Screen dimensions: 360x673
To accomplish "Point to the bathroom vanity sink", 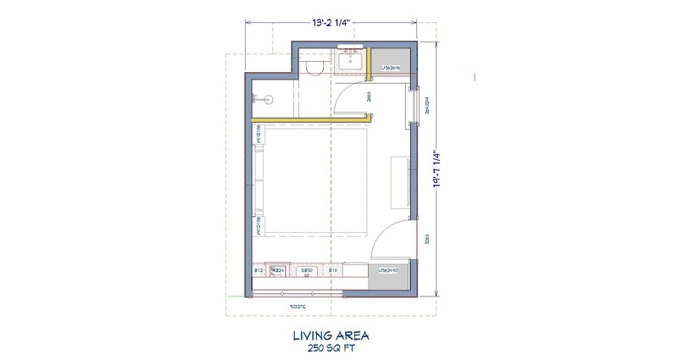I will (349, 60).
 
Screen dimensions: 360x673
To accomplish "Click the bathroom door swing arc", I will (342, 100).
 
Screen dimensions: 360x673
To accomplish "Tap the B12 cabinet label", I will (258, 270).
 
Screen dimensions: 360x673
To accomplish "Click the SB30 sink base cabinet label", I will (307, 270).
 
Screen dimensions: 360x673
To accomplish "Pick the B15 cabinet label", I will (334, 270).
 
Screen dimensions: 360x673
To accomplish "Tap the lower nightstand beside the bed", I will (258, 227).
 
